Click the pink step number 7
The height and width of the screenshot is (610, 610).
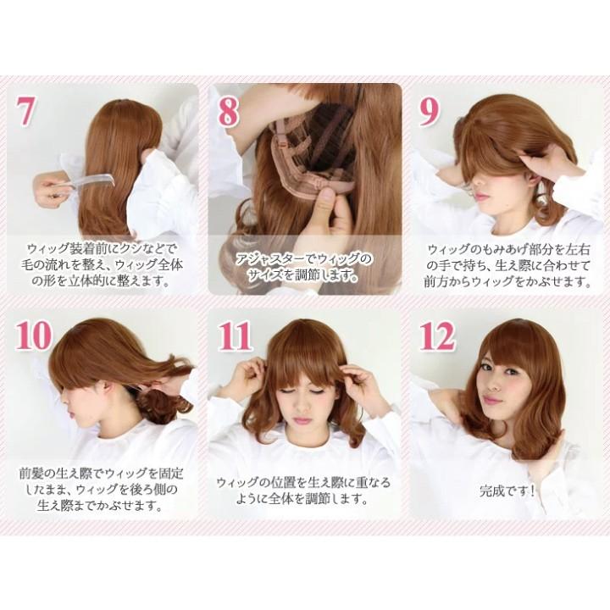coord(26,111)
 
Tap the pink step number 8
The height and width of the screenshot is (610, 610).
coord(228,111)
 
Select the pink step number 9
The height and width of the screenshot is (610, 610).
coord(429,111)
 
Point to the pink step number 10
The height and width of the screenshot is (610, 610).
coord(34,336)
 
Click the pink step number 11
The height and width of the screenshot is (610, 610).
coord(234,336)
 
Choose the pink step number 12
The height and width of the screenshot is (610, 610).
coord(437,336)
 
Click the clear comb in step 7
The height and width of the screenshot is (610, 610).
coord(92,181)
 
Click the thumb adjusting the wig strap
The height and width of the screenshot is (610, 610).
coord(326,202)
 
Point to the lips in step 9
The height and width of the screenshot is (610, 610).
coord(482,195)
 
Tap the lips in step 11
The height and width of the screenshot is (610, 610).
coord(302,420)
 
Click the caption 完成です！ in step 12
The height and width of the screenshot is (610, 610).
coord(507,491)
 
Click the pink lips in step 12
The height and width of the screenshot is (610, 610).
coord(492,400)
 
